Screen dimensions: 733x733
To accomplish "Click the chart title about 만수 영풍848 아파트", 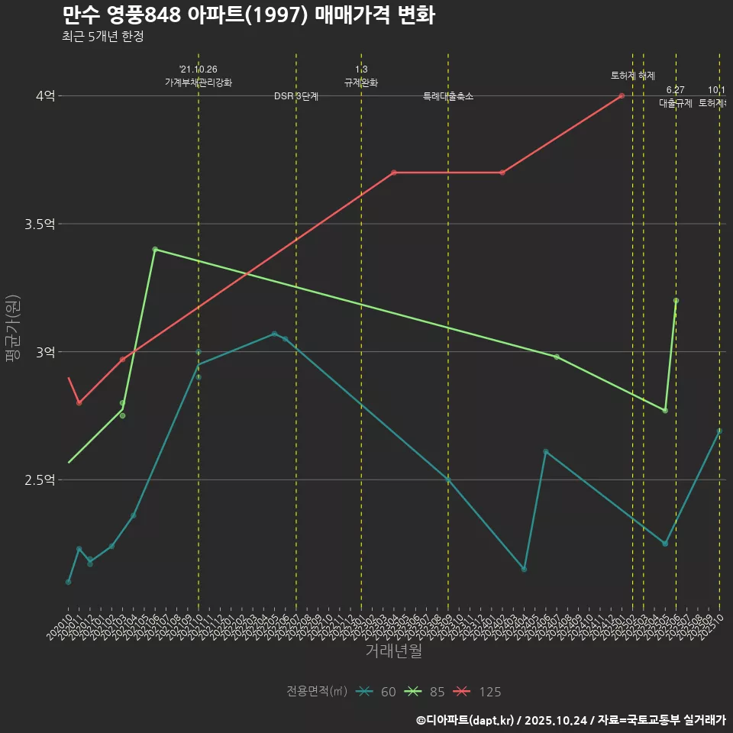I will click(x=248, y=15).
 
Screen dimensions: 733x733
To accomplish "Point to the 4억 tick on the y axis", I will click(x=45, y=96).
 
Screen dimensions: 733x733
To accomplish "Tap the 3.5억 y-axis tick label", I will click(x=40, y=224).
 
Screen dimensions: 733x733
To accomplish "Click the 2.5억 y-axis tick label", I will click(x=40, y=480).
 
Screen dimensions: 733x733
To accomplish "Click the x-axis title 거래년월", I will click(x=393, y=651).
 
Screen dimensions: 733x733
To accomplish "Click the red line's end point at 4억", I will click(x=622, y=95).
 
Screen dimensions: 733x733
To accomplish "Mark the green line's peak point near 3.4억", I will click(x=155, y=249).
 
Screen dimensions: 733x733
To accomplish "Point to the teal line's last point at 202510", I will click(x=719, y=431).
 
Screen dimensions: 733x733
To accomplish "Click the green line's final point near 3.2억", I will click(x=676, y=301).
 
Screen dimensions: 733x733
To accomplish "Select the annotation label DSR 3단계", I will click(x=296, y=97).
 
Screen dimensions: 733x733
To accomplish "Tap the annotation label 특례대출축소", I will click(x=448, y=97).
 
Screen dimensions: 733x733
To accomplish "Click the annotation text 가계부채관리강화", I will click(x=199, y=82).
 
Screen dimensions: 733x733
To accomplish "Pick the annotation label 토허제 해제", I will click(x=633, y=76).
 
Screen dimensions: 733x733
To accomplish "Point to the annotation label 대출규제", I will click(x=676, y=104).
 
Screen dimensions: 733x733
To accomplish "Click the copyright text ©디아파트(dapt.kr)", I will click(x=466, y=720).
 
